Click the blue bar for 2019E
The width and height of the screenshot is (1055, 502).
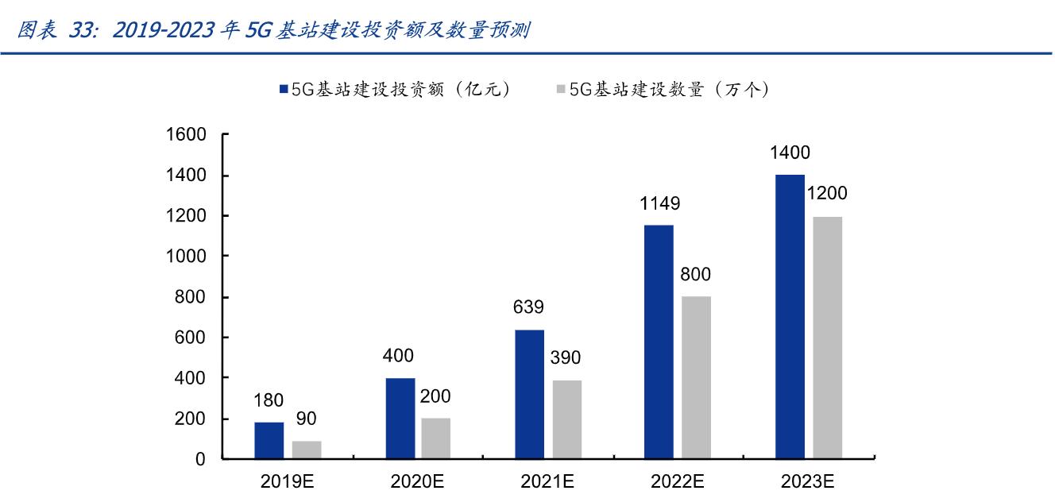(x=269, y=440)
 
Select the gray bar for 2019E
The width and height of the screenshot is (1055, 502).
(x=307, y=450)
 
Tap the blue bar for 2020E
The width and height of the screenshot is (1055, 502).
(x=400, y=419)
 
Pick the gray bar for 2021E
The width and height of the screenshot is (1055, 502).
(x=566, y=419)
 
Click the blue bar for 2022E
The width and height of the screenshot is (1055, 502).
(x=659, y=342)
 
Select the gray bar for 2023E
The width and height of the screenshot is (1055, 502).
(x=827, y=338)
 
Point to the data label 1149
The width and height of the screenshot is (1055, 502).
(x=659, y=204)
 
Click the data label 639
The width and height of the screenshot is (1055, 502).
(x=529, y=308)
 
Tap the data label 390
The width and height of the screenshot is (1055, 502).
(x=566, y=358)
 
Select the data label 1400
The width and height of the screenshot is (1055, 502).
(x=790, y=153)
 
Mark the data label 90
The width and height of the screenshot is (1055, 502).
(x=307, y=419)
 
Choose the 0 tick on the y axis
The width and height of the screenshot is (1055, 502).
(x=200, y=459)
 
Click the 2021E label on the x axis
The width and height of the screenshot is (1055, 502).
(x=547, y=481)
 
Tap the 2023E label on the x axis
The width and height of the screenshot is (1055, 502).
(x=807, y=481)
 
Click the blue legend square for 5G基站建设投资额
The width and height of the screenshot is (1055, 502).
(x=284, y=91)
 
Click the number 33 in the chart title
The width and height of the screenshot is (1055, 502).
(x=82, y=31)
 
